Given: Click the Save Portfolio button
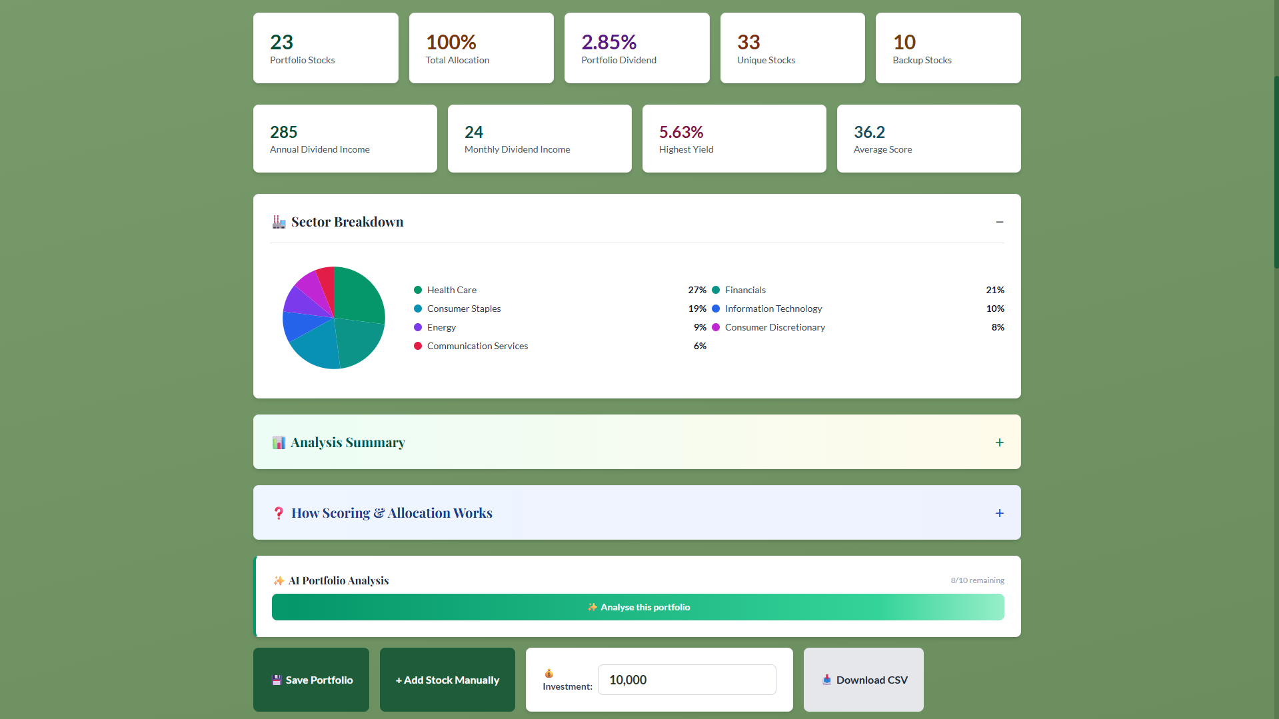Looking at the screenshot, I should coord(311,680).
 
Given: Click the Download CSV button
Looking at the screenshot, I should coord(864,680).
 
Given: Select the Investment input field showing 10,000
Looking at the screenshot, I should coord(686,680).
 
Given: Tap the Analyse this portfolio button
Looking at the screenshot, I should coord(638,607).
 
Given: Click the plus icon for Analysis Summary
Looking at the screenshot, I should coord(1000,442).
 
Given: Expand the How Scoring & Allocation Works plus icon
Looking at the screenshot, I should coord(1000,513).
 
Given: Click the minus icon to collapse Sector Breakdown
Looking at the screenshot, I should coord(1000,222).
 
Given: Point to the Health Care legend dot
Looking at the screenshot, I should coord(418,290).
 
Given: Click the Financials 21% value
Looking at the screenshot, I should coord(995,290).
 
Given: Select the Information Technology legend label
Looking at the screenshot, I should coord(773,309).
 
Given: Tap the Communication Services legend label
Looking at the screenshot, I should coord(477,346).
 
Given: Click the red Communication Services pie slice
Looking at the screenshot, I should coord(326,279).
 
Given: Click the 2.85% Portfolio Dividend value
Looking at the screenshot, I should coord(609,42).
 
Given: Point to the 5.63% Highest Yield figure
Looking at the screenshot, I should coord(681,132).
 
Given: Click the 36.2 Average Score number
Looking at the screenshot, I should coord(869,132).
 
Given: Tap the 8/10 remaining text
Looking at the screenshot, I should coord(977,580).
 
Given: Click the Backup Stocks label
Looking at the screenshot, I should coord(922,60).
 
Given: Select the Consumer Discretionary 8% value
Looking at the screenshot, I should coord(998,327).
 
